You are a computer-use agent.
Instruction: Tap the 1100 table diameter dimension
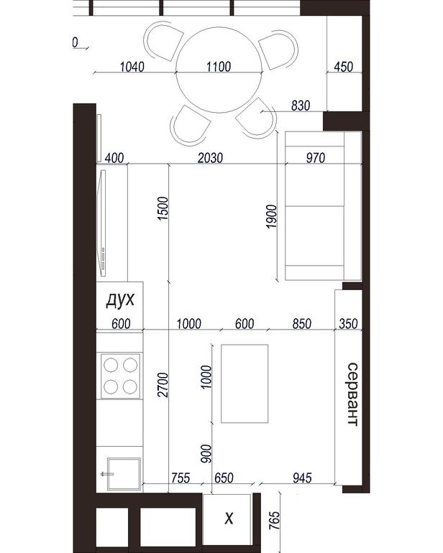point(219,66)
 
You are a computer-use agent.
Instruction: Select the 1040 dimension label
point(132,66)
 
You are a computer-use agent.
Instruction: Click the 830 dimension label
point(301,106)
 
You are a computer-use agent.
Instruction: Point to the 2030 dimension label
point(210,158)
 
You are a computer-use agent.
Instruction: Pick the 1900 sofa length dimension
point(272,216)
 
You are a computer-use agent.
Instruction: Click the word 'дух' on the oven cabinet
point(120,300)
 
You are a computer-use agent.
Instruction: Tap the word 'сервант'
point(353,394)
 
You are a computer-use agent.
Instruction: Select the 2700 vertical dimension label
point(163,384)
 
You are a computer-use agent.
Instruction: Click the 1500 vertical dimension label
point(163,209)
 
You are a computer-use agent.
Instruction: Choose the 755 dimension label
point(181,478)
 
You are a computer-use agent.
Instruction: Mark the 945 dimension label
point(302,478)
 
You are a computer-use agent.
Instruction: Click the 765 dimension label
point(274,521)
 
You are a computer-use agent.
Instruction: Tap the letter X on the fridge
point(229,519)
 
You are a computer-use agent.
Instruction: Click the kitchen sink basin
point(124,474)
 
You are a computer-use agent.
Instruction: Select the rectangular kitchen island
point(245,384)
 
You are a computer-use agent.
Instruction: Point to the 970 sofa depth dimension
point(315,158)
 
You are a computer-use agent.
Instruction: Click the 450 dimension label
point(343,66)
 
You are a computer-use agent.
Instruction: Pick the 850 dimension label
point(302,323)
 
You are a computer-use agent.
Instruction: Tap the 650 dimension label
point(224,478)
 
